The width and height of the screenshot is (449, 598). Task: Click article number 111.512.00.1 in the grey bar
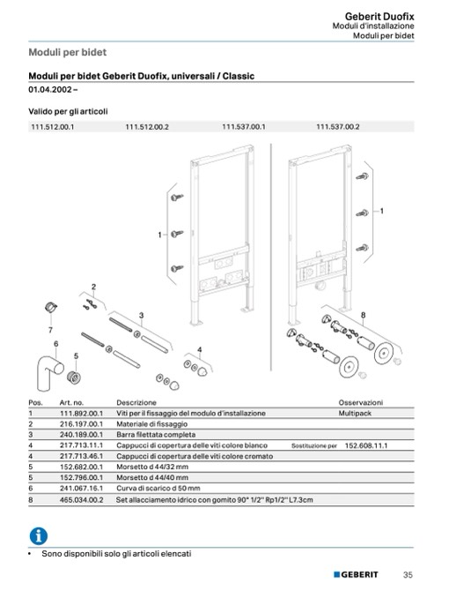pyautogui.click(x=53, y=127)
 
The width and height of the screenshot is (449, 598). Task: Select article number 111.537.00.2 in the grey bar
pyautogui.click(x=338, y=127)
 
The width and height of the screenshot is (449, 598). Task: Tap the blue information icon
pyautogui.click(x=39, y=536)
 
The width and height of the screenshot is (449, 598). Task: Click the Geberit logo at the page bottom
pyautogui.click(x=356, y=575)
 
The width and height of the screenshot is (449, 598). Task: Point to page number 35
pyautogui.click(x=408, y=575)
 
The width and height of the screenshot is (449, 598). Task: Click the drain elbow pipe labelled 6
pyautogui.click(x=48, y=372)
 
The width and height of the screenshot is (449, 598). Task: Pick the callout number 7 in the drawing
pyautogui.click(x=50, y=330)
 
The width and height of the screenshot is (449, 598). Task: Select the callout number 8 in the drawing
pyautogui.click(x=363, y=315)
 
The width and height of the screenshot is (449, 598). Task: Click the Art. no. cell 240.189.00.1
pyautogui.click(x=81, y=435)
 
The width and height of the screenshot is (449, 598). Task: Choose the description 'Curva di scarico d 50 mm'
pyautogui.click(x=158, y=488)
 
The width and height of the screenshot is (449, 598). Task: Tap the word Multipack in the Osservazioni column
pyautogui.click(x=355, y=413)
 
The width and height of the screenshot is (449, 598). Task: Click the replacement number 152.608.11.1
pyautogui.click(x=366, y=445)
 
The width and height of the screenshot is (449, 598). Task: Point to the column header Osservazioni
pyautogui.click(x=361, y=402)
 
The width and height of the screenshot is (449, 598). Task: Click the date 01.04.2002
pyautogui.click(x=50, y=90)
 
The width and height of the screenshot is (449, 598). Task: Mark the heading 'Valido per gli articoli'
pyautogui.click(x=68, y=112)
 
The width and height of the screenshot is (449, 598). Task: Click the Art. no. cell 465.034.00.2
pyautogui.click(x=81, y=499)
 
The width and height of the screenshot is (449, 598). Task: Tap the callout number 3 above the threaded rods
pyautogui.click(x=141, y=316)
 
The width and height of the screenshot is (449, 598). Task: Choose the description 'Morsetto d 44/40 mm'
pyautogui.click(x=152, y=477)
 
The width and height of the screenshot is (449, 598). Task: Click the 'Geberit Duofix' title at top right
pyautogui.click(x=379, y=17)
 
